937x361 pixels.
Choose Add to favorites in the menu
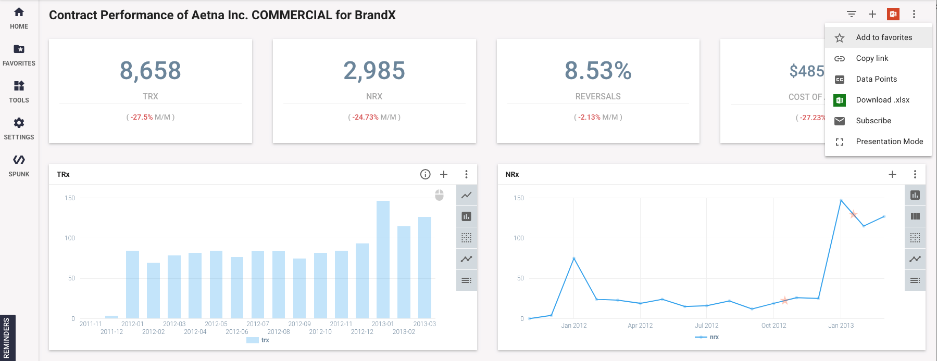884,37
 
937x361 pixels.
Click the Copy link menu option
872,58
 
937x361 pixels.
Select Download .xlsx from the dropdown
882,100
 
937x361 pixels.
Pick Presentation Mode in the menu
889,141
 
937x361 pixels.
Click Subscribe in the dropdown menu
873,121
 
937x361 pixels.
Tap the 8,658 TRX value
151,71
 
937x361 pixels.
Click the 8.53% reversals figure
598,71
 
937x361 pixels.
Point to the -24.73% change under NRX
366,118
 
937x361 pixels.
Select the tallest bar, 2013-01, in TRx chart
383,259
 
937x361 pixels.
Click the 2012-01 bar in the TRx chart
132,284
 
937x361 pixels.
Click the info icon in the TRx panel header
426,174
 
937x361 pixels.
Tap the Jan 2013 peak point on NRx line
841,200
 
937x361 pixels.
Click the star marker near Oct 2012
784,300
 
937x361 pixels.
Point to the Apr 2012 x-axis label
640,326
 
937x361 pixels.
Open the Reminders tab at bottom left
7,338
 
